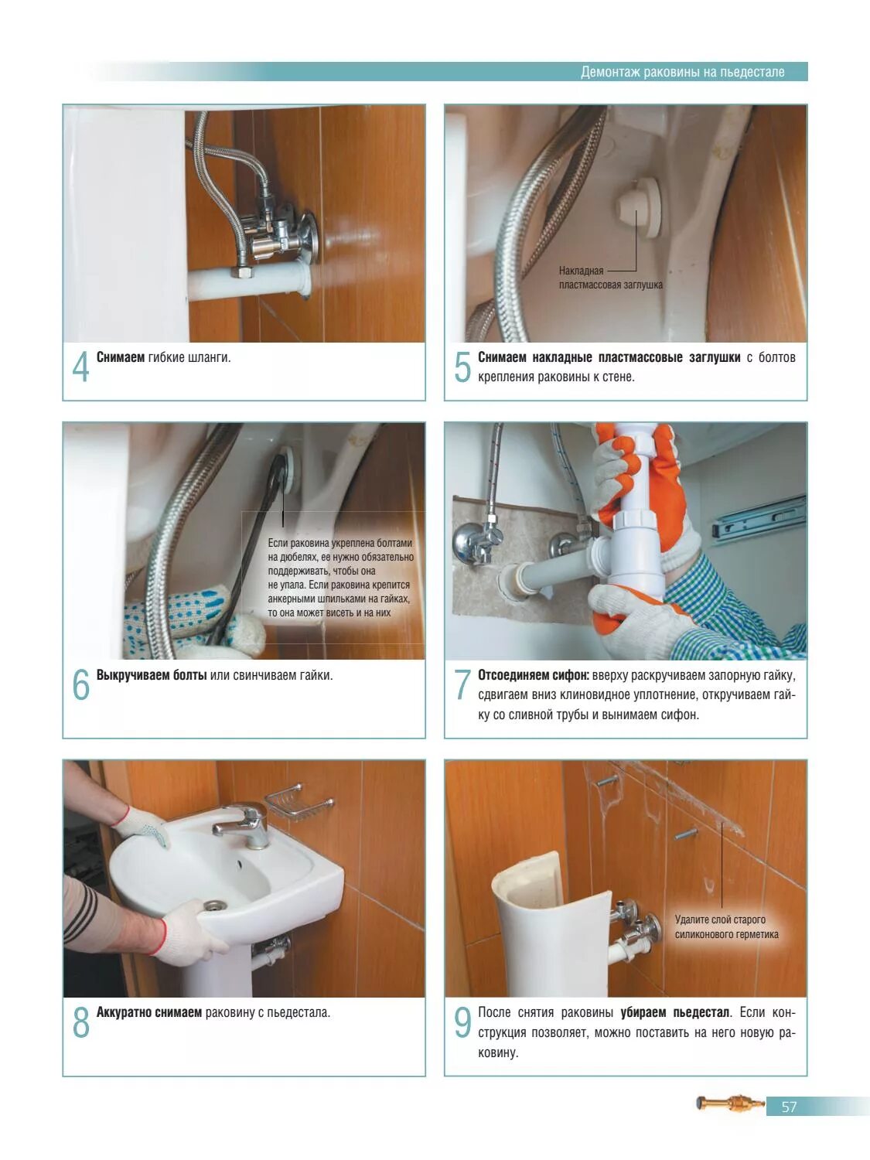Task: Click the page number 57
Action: tap(788, 1107)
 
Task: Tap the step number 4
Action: tap(80, 367)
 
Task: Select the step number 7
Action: tap(462, 684)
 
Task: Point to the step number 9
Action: tap(462, 1022)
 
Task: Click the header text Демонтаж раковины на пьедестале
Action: tap(682, 72)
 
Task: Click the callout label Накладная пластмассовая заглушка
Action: tap(609, 278)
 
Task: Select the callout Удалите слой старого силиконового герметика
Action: tap(725, 927)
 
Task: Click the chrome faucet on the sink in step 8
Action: tap(243, 824)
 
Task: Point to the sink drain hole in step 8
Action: tap(214, 905)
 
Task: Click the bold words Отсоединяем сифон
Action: tap(533, 675)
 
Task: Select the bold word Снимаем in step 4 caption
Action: tap(120, 357)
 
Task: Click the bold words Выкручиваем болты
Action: tap(152, 675)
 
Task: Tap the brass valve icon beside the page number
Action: tap(729, 1104)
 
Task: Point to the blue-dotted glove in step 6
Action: tap(178, 611)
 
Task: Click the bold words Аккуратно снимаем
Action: tap(148, 1012)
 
